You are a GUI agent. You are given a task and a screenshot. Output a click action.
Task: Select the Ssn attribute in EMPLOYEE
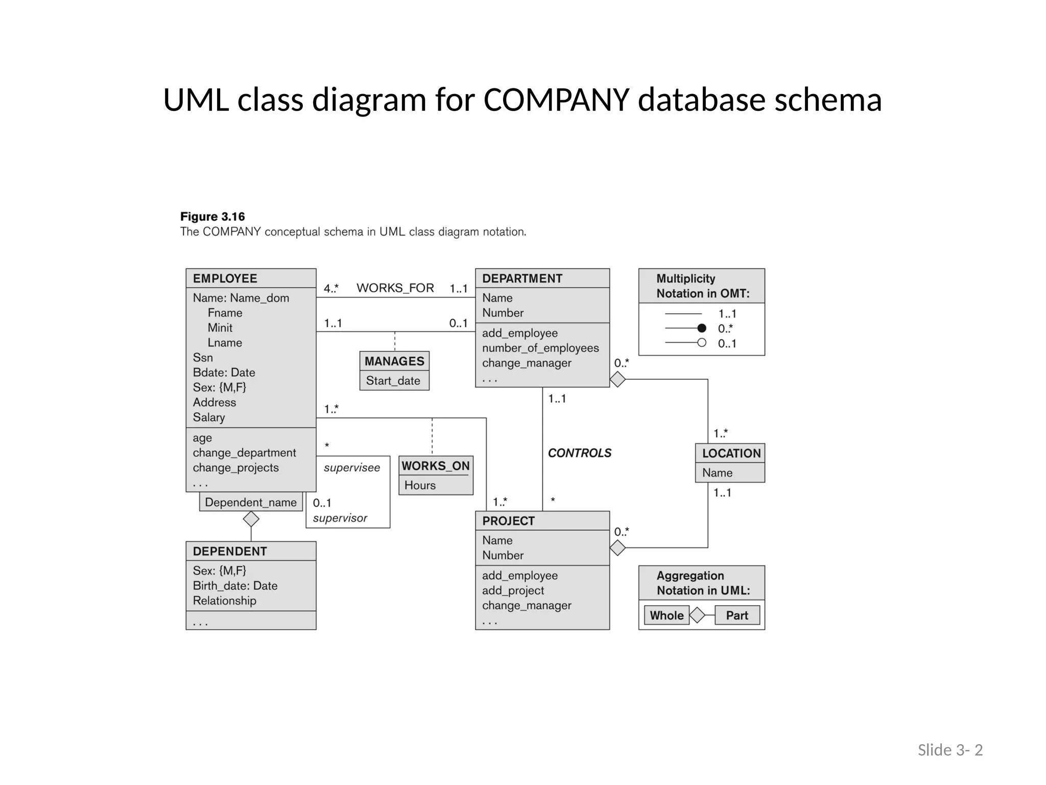coord(203,358)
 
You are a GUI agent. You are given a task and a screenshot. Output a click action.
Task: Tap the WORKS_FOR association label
coord(395,288)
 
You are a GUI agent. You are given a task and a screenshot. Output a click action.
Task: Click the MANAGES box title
coord(394,361)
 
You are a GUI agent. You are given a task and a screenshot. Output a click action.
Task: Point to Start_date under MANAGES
coord(393,381)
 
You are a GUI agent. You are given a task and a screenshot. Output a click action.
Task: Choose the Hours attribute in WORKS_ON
coord(420,486)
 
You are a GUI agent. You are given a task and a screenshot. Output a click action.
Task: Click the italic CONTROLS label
coord(579,453)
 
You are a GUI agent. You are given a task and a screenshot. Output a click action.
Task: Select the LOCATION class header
coord(730,453)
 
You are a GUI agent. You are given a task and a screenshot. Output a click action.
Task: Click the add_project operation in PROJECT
coord(513,590)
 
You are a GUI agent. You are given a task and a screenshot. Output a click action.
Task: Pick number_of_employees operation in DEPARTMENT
coord(540,348)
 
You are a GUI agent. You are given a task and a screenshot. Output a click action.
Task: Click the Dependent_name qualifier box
coord(250,502)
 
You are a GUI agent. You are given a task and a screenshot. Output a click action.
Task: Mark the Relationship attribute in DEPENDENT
coord(224,601)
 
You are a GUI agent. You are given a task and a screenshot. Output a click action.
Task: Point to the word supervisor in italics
coord(340,518)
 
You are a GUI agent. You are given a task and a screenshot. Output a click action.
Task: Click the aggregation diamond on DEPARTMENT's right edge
coord(617,380)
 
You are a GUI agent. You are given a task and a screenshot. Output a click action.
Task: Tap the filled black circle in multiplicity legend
coord(702,328)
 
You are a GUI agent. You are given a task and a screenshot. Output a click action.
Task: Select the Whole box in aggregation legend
coord(666,615)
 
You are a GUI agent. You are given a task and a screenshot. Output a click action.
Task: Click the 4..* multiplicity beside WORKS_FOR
coord(331,288)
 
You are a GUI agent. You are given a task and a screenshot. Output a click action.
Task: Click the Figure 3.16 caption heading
coord(212,217)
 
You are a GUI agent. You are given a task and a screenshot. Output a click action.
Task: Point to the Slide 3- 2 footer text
coord(950,750)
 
